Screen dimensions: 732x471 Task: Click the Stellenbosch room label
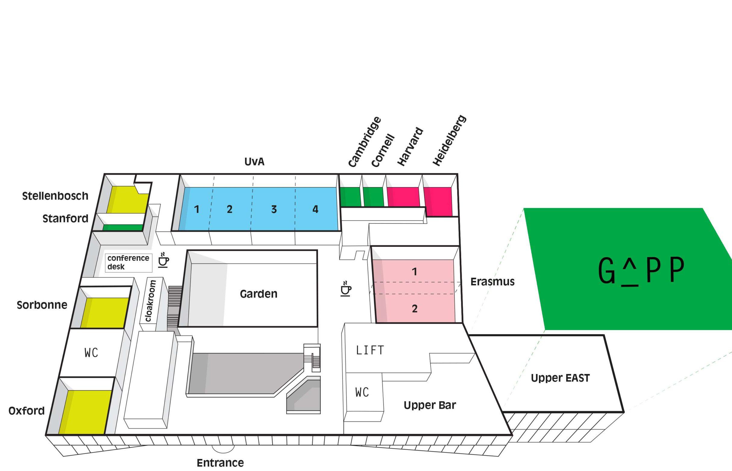pyautogui.click(x=55, y=196)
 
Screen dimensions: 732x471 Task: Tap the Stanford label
pyautogui.click(x=65, y=219)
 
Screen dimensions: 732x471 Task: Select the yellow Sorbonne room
pyautogui.click(x=104, y=312)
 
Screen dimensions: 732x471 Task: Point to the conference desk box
pyautogui.click(x=128, y=262)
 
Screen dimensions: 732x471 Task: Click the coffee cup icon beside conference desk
pyautogui.click(x=164, y=260)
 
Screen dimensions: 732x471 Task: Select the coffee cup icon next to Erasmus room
pyautogui.click(x=346, y=289)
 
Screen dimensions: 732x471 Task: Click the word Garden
pyautogui.click(x=258, y=294)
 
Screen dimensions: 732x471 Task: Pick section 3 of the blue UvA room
pyautogui.click(x=274, y=209)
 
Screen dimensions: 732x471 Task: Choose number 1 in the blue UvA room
pyautogui.click(x=196, y=209)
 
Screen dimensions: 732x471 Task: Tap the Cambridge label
pyautogui.click(x=364, y=142)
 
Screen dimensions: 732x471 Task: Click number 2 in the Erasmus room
pyautogui.click(x=415, y=309)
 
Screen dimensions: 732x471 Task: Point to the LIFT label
pyautogui.click(x=370, y=350)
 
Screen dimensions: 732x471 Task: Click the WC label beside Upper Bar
pyautogui.click(x=362, y=392)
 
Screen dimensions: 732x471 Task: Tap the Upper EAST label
pyautogui.click(x=560, y=378)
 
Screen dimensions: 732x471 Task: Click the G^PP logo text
pyautogui.click(x=641, y=270)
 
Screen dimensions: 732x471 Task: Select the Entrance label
pyautogui.click(x=220, y=463)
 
